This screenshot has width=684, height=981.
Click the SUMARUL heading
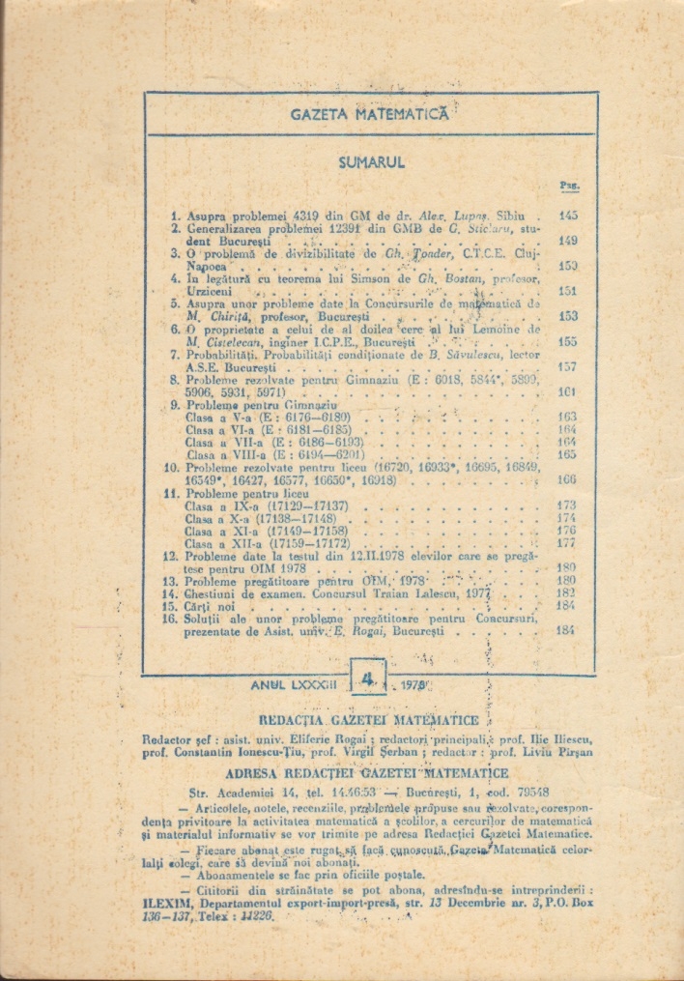click(371, 163)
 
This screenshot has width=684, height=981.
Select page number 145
click(568, 216)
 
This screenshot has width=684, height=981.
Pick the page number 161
click(568, 392)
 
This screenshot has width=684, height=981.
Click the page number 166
click(568, 478)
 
